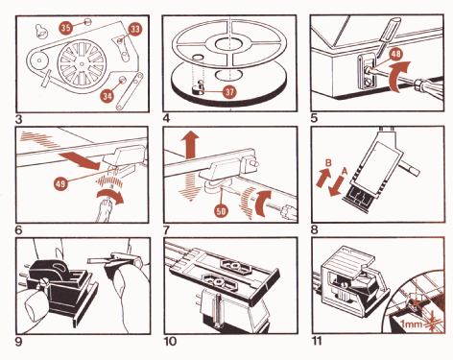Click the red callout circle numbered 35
[x=66, y=28]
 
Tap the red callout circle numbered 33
[x=135, y=29]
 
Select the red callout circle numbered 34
[x=107, y=96]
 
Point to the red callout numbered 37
[x=229, y=92]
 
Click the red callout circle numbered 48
[x=395, y=54]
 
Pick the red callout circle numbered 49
[x=60, y=183]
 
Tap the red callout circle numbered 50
[x=221, y=211]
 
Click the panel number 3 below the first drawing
[x=19, y=119]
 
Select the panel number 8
[x=315, y=229]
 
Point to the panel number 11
[x=317, y=341]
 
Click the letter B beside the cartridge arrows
[x=328, y=163]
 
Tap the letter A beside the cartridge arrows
[x=345, y=171]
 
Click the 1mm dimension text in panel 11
[x=411, y=324]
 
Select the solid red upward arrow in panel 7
[x=190, y=144]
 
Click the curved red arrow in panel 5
[x=397, y=77]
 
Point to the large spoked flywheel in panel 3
[x=82, y=63]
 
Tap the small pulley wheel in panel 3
[x=39, y=60]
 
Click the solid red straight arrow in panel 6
[x=80, y=160]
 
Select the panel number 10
[x=170, y=341]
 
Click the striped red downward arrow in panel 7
[x=190, y=186]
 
